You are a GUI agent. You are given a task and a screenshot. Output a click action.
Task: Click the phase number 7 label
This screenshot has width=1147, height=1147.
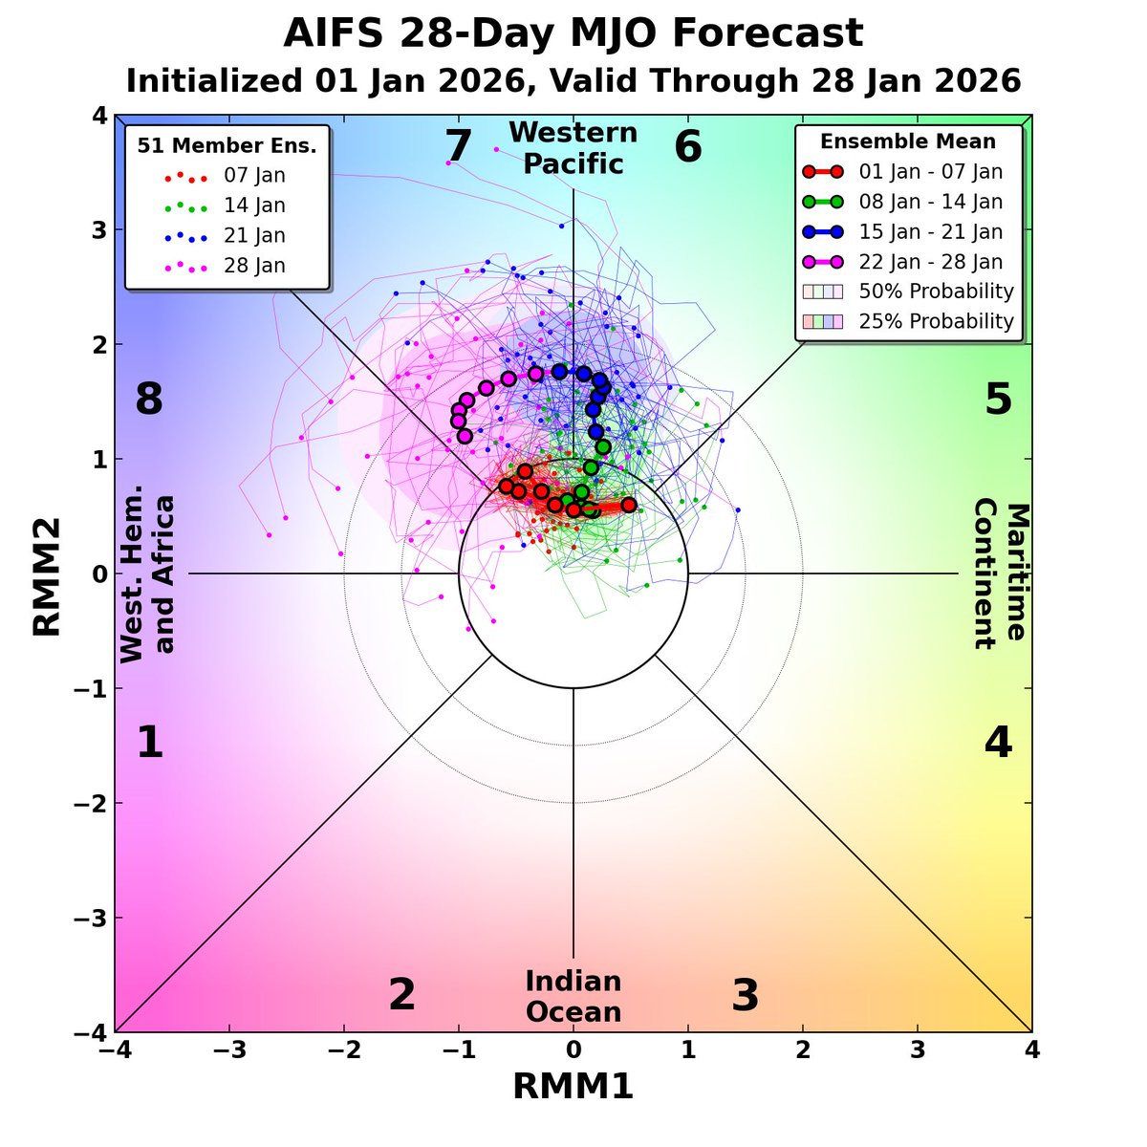tap(459, 147)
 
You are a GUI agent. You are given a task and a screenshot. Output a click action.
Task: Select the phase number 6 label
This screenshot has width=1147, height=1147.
tap(688, 147)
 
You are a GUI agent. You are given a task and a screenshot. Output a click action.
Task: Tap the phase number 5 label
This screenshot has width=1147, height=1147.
tap(998, 399)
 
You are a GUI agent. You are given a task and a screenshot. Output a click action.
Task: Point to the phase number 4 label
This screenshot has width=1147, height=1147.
tap(998, 743)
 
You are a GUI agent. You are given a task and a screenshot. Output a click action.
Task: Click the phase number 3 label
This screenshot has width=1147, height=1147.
tap(746, 996)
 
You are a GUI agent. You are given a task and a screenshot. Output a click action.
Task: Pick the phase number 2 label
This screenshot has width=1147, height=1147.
tap(401, 996)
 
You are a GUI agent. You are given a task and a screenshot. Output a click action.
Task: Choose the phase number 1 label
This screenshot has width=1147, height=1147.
tap(149, 743)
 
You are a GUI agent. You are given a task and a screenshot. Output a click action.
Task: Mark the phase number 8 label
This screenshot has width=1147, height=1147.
tap(149, 399)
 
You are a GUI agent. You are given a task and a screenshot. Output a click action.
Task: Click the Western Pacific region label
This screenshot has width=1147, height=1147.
tap(573, 148)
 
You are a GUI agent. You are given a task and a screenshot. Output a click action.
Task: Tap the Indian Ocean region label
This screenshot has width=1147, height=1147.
tap(573, 996)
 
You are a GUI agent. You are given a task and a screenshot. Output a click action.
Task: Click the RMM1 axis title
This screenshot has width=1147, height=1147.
tap(573, 1087)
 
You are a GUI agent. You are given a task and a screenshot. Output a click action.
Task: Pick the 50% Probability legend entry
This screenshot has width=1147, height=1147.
tap(936, 291)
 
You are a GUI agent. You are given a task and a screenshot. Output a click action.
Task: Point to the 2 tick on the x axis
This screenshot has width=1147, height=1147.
tap(802, 1050)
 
